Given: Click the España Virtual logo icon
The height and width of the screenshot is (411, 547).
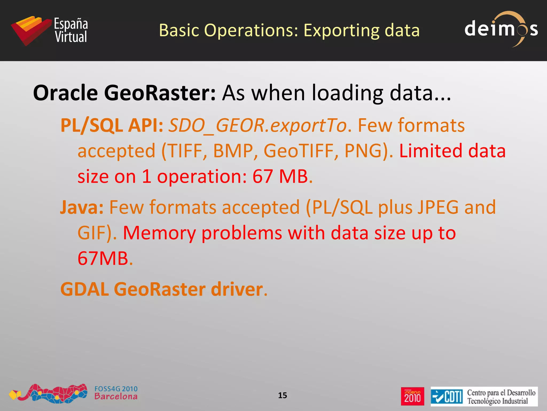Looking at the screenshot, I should click(31, 30).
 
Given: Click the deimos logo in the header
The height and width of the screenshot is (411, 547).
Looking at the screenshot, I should click(501, 29).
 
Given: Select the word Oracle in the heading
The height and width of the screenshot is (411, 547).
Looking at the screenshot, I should click(65, 93).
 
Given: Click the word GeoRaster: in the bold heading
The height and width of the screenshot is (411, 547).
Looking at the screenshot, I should click(159, 93).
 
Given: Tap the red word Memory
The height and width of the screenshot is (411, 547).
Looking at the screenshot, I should click(159, 233).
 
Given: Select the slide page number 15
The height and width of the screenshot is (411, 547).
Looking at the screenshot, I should click(282, 395).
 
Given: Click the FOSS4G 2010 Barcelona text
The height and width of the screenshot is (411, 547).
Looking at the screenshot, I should click(116, 393).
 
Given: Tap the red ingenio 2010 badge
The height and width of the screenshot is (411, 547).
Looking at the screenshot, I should click(412, 396).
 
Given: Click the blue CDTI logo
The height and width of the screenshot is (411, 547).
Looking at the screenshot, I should click(447, 396).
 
